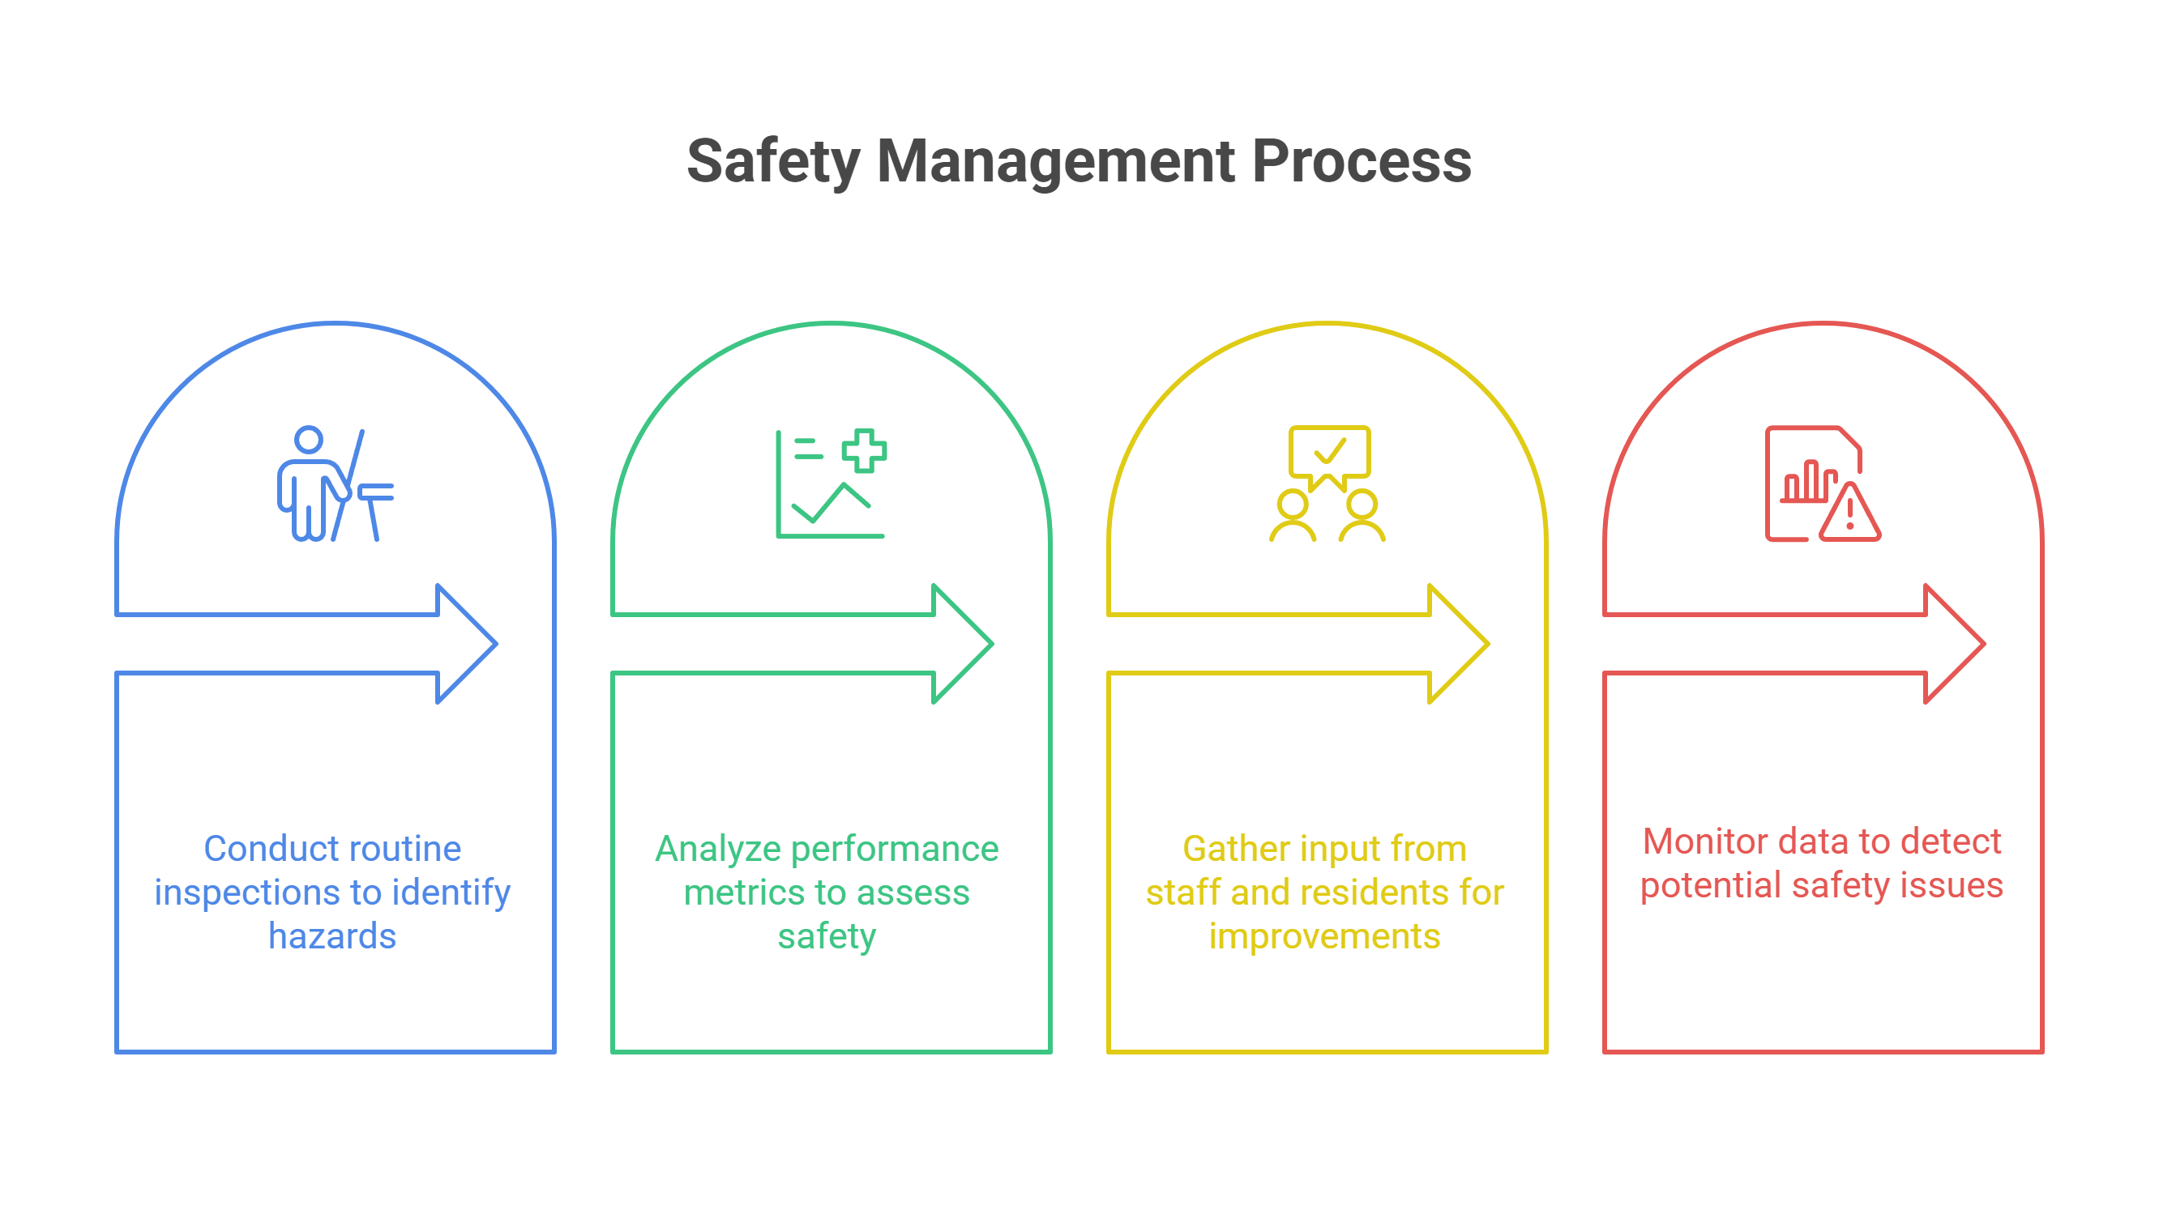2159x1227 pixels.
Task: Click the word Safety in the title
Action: pyautogui.click(x=773, y=161)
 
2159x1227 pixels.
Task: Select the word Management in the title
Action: pyautogui.click(x=1055, y=161)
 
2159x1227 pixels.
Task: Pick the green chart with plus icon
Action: pyautogui.click(x=831, y=484)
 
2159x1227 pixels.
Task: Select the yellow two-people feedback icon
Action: pyautogui.click(x=1327, y=484)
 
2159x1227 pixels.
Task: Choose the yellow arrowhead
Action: pyautogui.click(x=1459, y=643)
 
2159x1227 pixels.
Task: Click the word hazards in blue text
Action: pyautogui.click(x=332, y=936)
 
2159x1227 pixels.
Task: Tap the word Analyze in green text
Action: pyautogui.click(x=717, y=849)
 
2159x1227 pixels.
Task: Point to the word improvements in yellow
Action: pyautogui.click(x=1324, y=936)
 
